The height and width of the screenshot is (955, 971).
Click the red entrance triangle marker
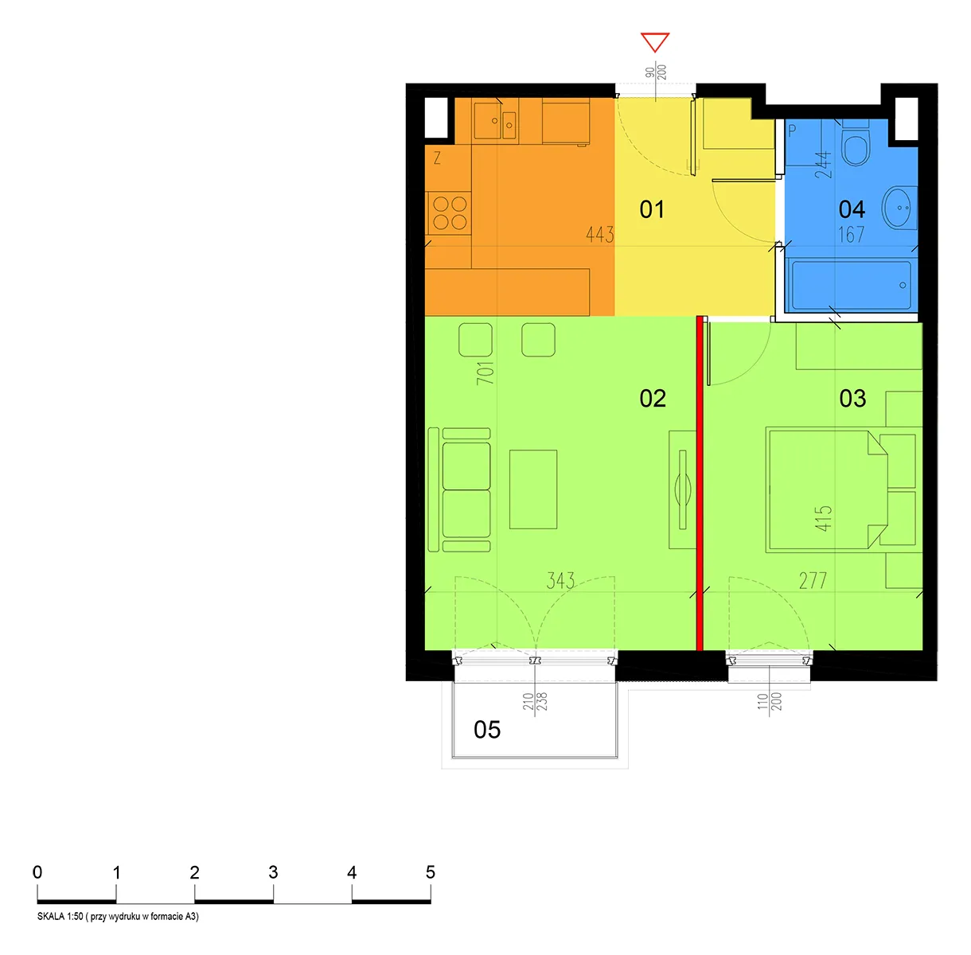pos(654,42)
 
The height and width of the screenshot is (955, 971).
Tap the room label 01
pos(652,209)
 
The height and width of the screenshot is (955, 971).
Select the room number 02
pos(653,398)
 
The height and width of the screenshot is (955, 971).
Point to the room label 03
pos(852,398)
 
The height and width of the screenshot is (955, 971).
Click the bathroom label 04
pos(852,209)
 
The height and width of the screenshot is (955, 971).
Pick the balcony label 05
pos(487,729)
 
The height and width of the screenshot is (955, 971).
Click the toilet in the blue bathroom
pos(855,143)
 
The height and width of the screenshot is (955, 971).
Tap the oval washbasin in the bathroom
pos(899,208)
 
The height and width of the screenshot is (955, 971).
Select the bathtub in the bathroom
pos(851,285)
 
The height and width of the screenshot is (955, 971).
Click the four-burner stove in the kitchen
pos(450,212)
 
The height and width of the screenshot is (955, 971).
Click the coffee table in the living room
pos(533,489)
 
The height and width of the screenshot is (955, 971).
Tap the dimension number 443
pos(599,234)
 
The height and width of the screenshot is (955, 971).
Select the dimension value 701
pos(485,373)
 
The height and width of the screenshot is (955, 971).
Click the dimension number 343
pos(560,580)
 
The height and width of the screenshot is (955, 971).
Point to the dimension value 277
pos(813,580)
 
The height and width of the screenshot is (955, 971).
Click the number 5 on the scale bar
pos(430,872)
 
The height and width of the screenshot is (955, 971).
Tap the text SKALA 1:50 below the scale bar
pos(60,916)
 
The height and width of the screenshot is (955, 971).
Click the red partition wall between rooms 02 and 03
pos(700,483)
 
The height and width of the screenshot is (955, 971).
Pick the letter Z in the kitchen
pos(437,158)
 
